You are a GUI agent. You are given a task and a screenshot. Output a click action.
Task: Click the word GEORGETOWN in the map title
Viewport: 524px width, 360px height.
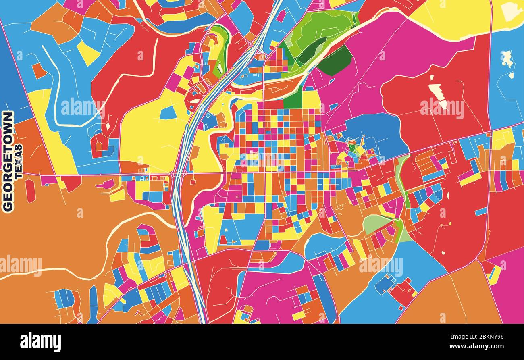(8, 161)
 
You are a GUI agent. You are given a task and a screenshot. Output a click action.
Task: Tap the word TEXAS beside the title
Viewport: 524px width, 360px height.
(19, 161)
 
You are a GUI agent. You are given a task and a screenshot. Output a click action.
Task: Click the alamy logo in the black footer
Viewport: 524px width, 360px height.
(40, 342)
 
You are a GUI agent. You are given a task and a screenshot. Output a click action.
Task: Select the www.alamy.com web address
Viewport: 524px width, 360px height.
(476, 346)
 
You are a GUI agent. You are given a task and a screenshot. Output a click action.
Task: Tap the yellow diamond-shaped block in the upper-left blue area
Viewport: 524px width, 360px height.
(87, 53)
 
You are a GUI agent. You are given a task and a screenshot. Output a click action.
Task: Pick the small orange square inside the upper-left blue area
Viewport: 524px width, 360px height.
(39, 71)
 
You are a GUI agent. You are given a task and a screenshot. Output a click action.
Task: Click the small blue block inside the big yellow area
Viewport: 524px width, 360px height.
(168, 113)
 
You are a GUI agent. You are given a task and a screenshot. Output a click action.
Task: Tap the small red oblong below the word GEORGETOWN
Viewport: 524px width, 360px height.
(30, 190)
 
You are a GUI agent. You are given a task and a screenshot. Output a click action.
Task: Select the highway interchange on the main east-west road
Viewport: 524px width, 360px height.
(178, 174)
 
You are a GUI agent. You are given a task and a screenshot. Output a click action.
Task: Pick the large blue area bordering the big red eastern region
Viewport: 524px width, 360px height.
(375, 133)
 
